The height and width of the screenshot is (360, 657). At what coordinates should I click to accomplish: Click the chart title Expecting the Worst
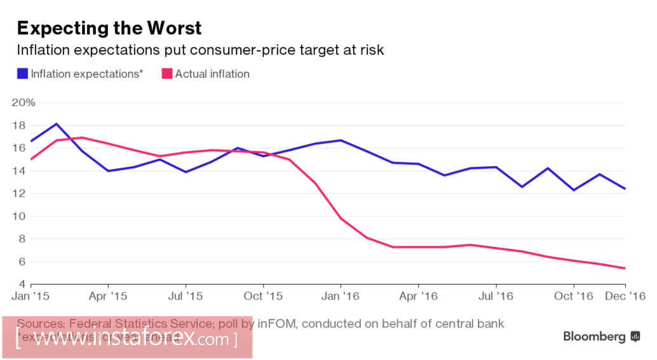pyautogui.click(x=109, y=28)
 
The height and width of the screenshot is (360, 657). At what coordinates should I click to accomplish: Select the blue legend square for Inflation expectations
pyautogui.click(x=22, y=74)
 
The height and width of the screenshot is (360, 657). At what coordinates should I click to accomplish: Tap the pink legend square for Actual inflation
pyautogui.click(x=167, y=74)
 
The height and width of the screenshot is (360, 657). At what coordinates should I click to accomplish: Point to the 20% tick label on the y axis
pyautogui.click(x=24, y=103)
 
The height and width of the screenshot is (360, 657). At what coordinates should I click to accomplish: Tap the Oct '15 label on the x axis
pyautogui.click(x=263, y=296)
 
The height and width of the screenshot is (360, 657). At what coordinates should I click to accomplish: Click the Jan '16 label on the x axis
pyautogui.click(x=341, y=296)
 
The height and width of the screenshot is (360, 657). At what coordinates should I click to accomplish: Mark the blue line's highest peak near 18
pyautogui.click(x=57, y=124)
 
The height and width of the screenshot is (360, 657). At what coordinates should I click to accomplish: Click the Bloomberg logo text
pyautogui.click(x=594, y=337)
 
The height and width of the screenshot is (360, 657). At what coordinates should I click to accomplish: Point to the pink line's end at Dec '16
pyautogui.click(x=625, y=268)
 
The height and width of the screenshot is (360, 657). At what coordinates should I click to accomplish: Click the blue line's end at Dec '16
pyautogui.click(x=625, y=189)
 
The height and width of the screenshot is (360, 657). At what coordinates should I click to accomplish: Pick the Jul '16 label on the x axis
pyautogui.click(x=496, y=296)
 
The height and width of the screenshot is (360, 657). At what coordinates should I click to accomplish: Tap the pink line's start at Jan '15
pyautogui.click(x=30, y=159)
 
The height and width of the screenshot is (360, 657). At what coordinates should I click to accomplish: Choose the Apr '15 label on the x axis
pyautogui.click(x=109, y=296)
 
